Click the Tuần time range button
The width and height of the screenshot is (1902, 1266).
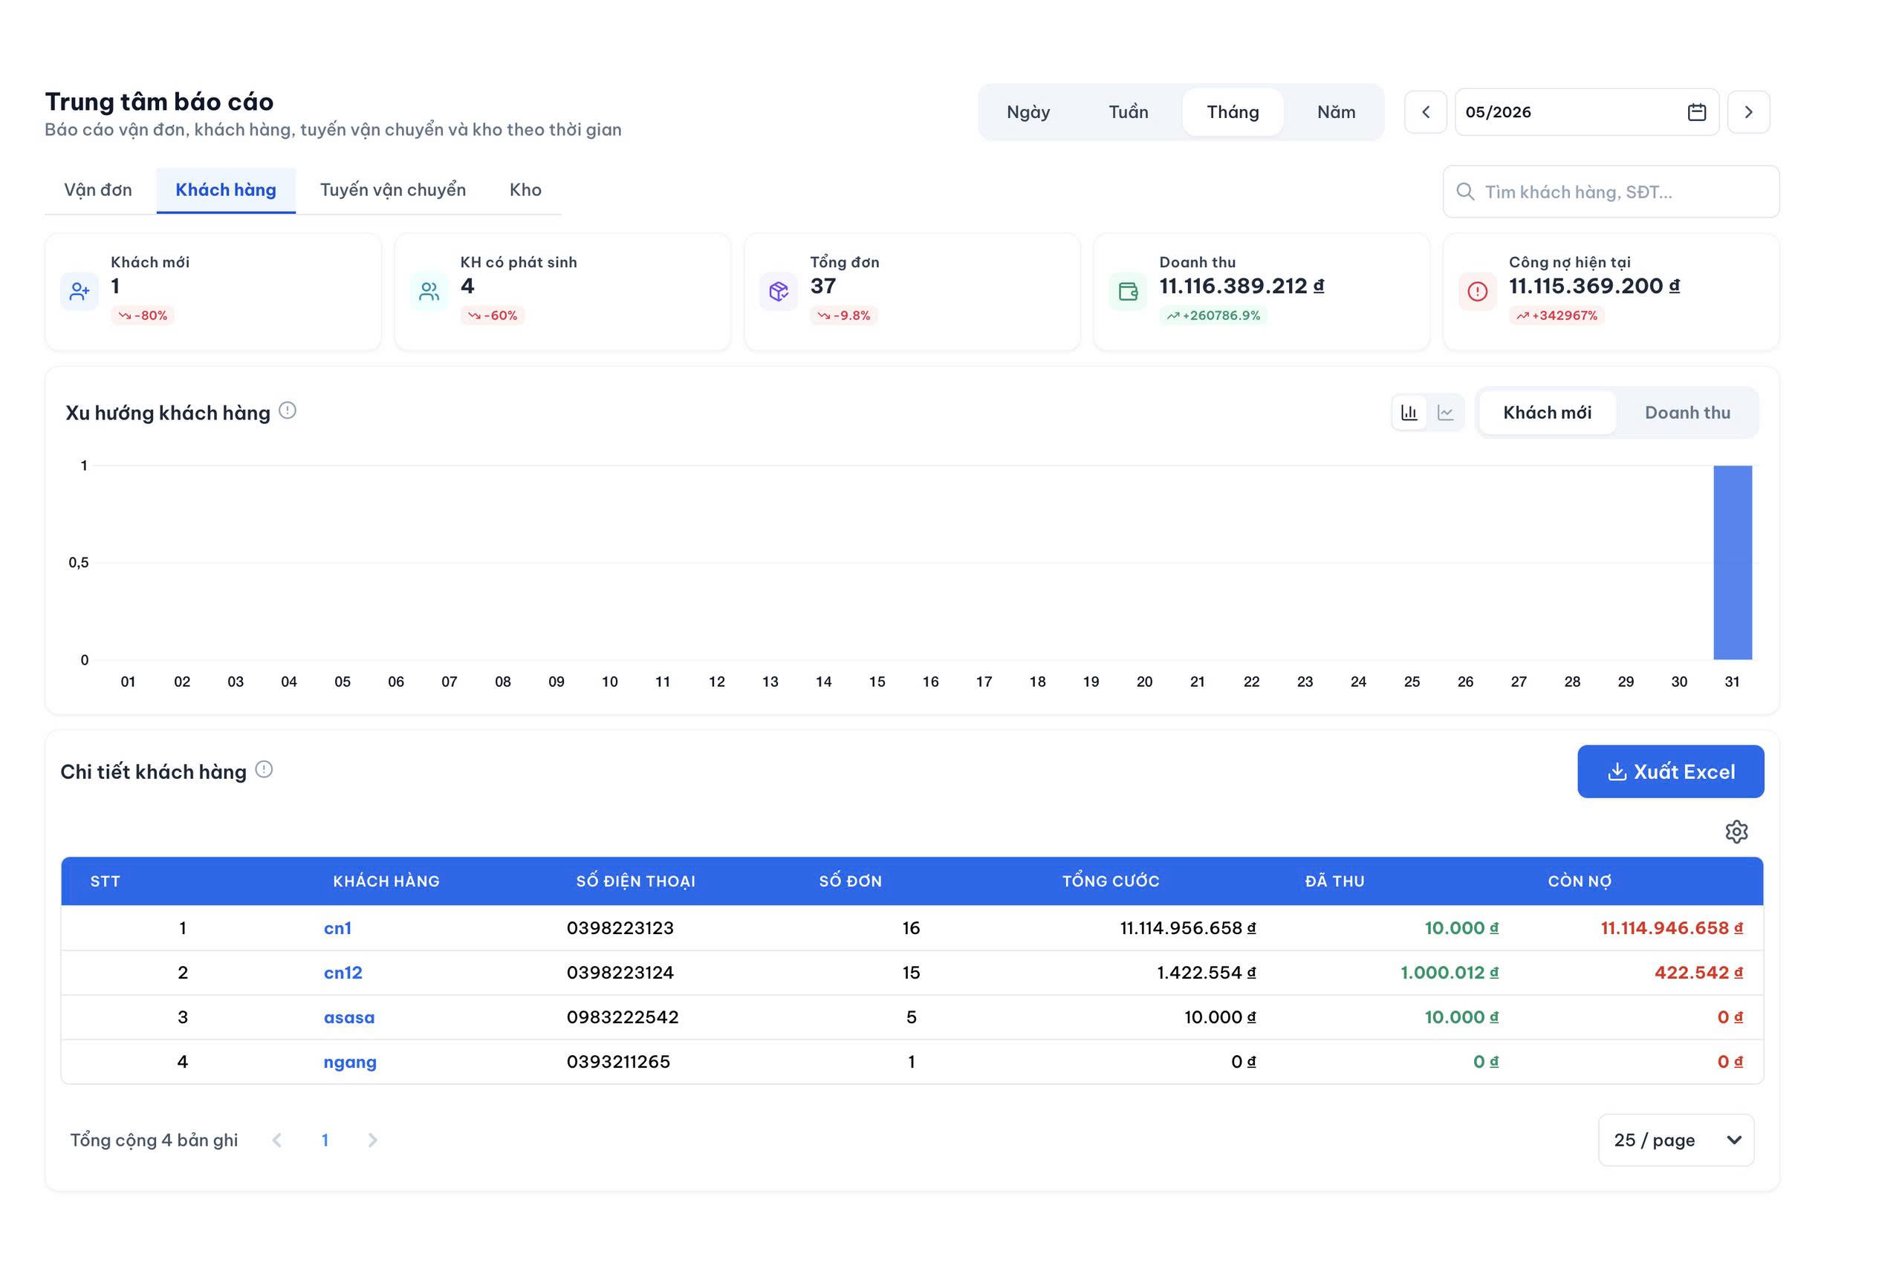click(x=1128, y=111)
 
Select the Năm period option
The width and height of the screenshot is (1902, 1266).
click(x=1336, y=111)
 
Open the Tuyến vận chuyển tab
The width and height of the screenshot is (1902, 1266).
click(x=392, y=190)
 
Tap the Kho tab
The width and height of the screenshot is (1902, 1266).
click(x=525, y=190)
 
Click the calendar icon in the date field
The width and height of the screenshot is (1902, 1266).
click(x=1696, y=112)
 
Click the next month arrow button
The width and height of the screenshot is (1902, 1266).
click(x=1747, y=112)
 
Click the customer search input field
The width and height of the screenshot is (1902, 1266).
click(x=1611, y=192)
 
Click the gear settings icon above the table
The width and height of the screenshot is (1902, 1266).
click(x=1736, y=832)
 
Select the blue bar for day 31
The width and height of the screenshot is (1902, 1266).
click(x=1733, y=562)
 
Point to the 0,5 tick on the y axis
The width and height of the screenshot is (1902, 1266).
click(x=78, y=563)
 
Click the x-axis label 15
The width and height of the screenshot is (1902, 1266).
click(x=876, y=682)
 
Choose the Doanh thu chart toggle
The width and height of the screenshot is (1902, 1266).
click(x=1687, y=413)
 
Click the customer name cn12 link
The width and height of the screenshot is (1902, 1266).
click(x=343, y=972)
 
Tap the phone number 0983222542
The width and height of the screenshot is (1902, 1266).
click(x=622, y=1017)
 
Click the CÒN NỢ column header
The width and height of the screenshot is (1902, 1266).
click(x=1579, y=881)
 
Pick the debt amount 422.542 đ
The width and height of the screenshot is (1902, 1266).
click(x=1698, y=972)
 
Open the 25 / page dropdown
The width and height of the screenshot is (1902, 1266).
click(x=1676, y=1140)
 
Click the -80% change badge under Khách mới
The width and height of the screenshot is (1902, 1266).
click(x=143, y=315)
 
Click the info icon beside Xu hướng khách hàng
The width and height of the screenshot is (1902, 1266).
click(x=288, y=411)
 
